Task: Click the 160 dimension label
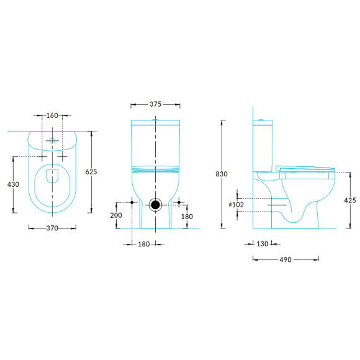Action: coord(52,115)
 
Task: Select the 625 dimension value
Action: coord(91,172)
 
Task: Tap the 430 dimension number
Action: coord(13,184)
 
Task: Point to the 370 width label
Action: coord(52,228)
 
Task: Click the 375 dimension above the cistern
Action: coord(155,104)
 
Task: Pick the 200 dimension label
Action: coord(116,215)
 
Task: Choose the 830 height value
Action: coord(222,174)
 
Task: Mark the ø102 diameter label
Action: coord(236,205)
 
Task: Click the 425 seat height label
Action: coord(350,200)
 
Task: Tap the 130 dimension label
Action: coord(263,244)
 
